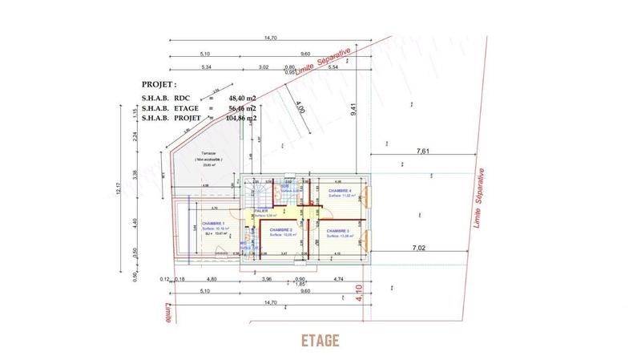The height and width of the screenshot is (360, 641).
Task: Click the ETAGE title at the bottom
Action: [320, 340]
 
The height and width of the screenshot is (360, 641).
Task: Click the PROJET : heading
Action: [159, 83]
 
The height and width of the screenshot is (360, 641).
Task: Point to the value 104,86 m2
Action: [240, 118]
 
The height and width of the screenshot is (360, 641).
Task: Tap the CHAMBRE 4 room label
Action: [341, 191]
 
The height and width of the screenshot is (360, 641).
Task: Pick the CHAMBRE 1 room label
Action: [212, 224]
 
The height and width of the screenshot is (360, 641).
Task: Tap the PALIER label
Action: [261, 211]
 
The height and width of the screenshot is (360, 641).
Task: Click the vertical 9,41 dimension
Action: [353, 111]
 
